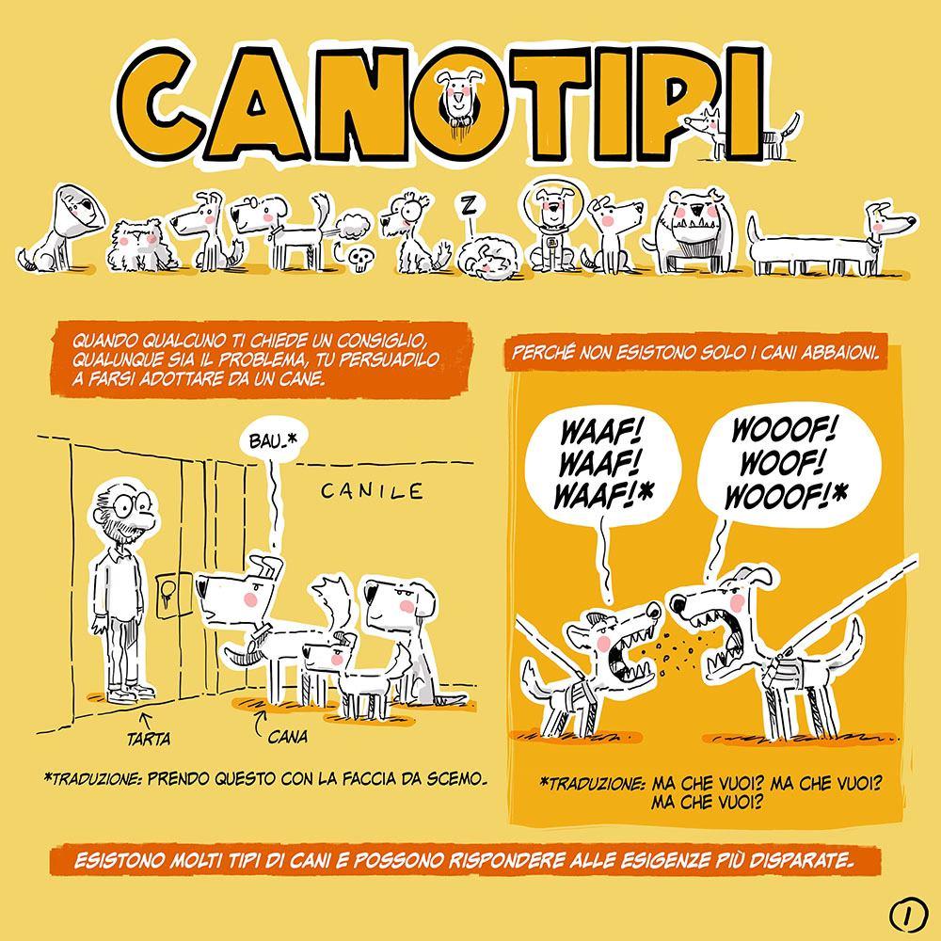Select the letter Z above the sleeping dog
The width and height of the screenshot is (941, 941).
coord(469,205)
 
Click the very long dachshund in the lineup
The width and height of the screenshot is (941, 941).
coord(830,240)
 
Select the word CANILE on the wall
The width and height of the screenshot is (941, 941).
coord(372,491)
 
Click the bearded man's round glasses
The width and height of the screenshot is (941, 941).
coord(131,504)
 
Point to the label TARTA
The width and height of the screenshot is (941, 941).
coord(149,738)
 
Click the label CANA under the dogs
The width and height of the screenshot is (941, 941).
coord(287,736)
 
